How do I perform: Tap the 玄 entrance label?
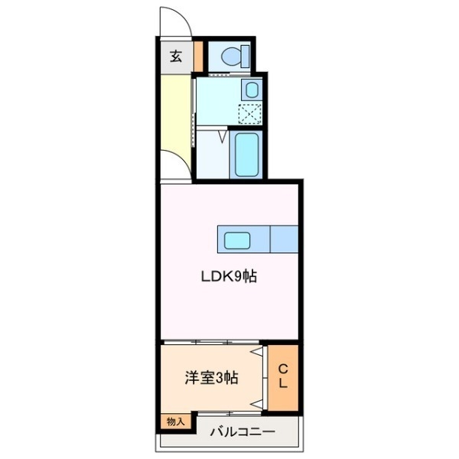(176, 55)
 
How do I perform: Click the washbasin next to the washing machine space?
(252, 90)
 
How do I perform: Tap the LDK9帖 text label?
(228, 278)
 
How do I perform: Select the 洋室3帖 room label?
(210, 377)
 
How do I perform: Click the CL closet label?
(282, 376)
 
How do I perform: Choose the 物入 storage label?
(175, 420)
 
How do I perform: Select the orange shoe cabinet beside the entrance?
(197, 55)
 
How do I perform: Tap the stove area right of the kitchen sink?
(284, 239)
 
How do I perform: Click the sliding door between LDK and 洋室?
(210, 340)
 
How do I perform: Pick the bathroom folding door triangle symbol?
(223, 138)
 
